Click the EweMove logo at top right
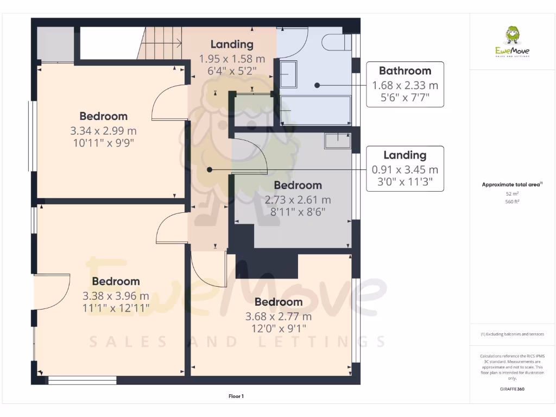(512, 42)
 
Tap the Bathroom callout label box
(405, 84)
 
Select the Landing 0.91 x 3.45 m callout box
(405, 169)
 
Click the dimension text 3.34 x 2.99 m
(103, 131)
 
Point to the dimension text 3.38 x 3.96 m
(116, 296)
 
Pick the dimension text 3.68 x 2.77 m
(279, 317)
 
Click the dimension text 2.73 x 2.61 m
(298, 200)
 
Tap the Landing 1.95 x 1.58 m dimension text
(232, 59)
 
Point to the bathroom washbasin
(288, 74)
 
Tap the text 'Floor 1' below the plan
(236, 396)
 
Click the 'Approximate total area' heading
(511, 185)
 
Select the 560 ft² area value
(512, 201)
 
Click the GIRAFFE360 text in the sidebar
(512, 389)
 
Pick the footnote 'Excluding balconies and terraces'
(512, 334)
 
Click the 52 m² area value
(512, 193)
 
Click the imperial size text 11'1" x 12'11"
(116, 308)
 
